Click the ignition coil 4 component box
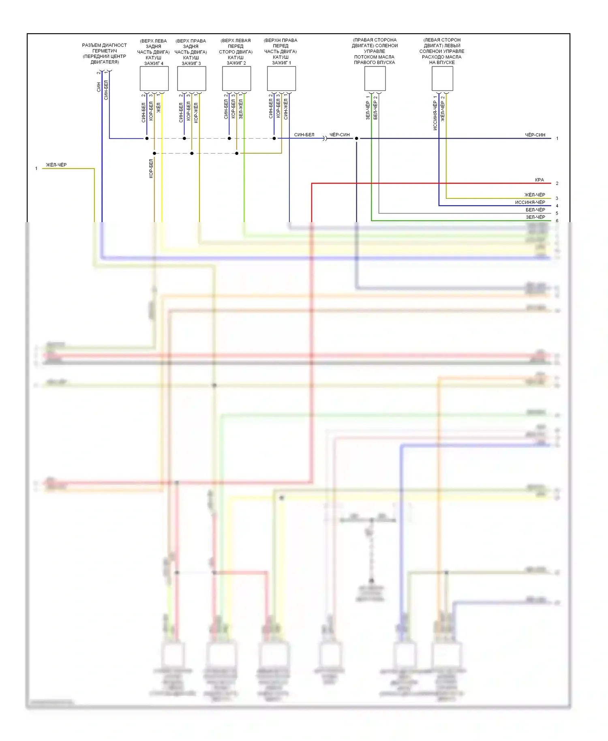pyautogui.click(x=154, y=79)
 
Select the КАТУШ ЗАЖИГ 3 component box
pyautogui.click(x=191, y=79)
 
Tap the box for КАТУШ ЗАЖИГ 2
pyautogui.click(x=236, y=79)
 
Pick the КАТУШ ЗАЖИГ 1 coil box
pyautogui.click(x=281, y=79)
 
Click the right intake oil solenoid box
pyautogui.click(x=375, y=79)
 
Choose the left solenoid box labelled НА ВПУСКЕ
pyautogui.click(x=442, y=79)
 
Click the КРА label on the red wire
pyautogui.click(x=539, y=180)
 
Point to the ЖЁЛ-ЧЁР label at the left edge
pyautogui.click(x=56, y=165)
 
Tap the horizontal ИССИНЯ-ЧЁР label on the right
pyautogui.click(x=530, y=202)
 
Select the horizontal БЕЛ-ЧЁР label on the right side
pyautogui.click(x=535, y=210)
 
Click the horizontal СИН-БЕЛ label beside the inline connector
pyautogui.click(x=304, y=135)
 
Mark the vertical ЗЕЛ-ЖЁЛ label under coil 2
pyautogui.click(x=241, y=109)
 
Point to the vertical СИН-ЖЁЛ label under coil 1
pyautogui.click(x=286, y=109)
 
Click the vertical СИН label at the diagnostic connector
pyautogui.click(x=98, y=87)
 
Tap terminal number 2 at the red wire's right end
pyautogui.click(x=557, y=184)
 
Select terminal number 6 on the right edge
pyautogui.click(x=557, y=221)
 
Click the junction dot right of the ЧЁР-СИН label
pyautogui.click(x=357, y=139)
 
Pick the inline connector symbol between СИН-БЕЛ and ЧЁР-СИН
pyautogui.click(x=325, y=139)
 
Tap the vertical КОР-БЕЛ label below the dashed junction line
pyautogui.click(x=151, y=168)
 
